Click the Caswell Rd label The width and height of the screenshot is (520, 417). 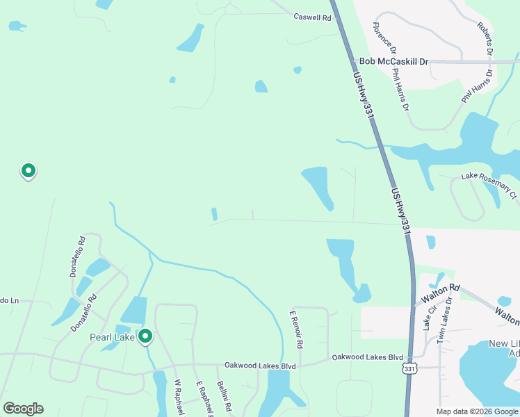(x=312, y=17)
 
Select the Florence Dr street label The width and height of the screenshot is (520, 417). (x=384, y=39)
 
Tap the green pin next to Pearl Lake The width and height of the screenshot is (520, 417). (x=145, y=337)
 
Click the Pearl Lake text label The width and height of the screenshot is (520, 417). (x=112, y=338)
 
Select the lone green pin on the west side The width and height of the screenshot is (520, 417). (x=29, y=170)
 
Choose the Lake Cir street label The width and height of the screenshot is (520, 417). (x=430, y=316)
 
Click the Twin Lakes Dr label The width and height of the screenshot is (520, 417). (x=444, y=319)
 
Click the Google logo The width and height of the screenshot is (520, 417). (x=23, y=409)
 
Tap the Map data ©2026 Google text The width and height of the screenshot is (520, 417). (x=476, y=411)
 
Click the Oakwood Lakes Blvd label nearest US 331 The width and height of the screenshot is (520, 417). (x=367, y=357)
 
